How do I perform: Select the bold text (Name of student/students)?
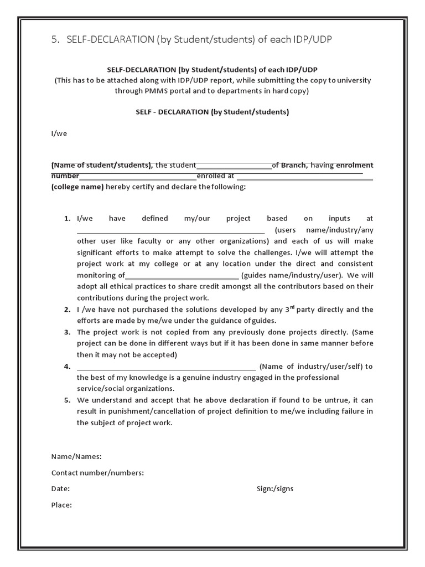[102, 165]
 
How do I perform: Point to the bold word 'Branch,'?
[294, 165]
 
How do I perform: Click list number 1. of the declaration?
[67, 218]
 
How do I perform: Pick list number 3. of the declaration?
[67, 332]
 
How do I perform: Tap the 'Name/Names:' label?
[76, 457]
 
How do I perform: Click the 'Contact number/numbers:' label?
[97, 473]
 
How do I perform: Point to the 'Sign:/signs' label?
[275, 489]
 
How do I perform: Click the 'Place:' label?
[61, 505]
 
